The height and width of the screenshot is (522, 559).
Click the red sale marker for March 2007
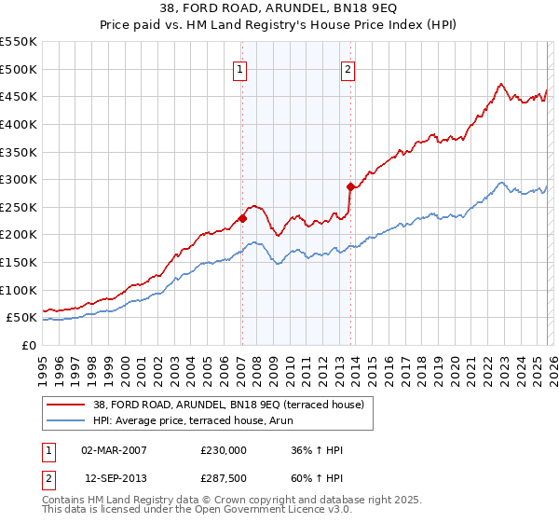coord(242,218)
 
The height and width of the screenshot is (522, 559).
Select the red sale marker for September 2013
coord(349,186)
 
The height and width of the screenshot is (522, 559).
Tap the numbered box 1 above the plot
coord(240,68)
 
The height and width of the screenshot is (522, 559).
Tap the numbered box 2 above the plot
coord(348,68)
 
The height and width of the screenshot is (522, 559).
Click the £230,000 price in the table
coord(223,450)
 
